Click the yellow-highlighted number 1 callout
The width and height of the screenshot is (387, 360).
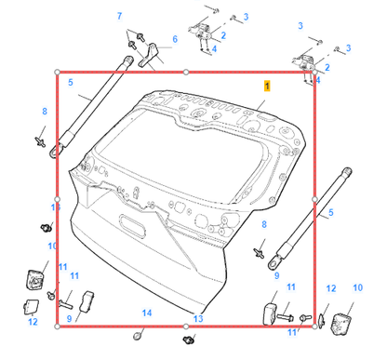point(267,85)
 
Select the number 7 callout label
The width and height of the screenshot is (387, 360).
point(118,18)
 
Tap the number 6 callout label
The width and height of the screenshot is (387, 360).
point(174,40)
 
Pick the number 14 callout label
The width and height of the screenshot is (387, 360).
point(145,312)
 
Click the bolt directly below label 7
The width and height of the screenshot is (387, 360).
point(134,39)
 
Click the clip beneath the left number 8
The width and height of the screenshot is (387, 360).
point(42,140)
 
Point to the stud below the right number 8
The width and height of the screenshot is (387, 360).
point(260,251)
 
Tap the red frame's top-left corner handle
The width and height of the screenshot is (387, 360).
point(58,71)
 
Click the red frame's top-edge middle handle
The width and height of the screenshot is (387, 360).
point(186,71)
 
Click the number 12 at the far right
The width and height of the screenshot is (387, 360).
point(330,289)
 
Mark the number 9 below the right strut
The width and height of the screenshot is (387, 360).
point(276,275)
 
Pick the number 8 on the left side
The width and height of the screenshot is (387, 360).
point(43,112)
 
